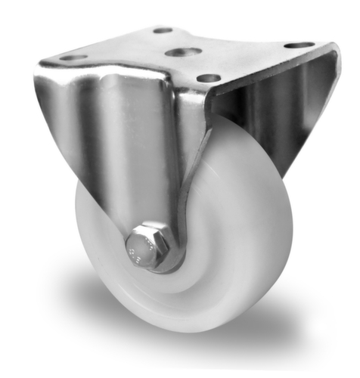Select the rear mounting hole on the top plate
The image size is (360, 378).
(x=163, y=30)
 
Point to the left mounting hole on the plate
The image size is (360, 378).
(x=73, y=57)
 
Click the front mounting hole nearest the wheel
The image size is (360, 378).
(x=208, y=78)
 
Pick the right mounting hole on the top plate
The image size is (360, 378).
(x=299, y=45)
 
